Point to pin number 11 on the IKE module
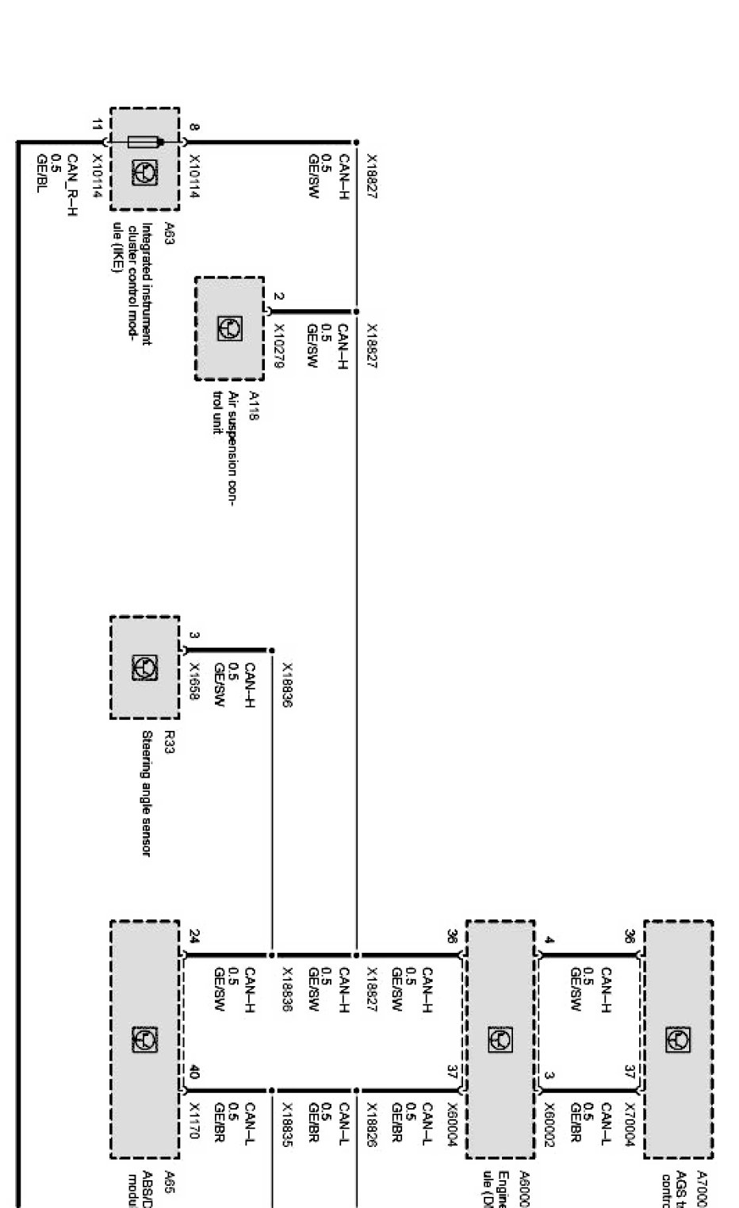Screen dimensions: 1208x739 click(97, 124)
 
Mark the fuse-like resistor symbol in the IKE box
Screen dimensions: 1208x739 click(145, 143)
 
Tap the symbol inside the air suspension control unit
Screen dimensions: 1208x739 click(230, 329)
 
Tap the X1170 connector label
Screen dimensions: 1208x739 click(194, 1119)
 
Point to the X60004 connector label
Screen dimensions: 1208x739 click(453, 1124)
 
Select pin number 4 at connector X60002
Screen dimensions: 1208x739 click(549, 941)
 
